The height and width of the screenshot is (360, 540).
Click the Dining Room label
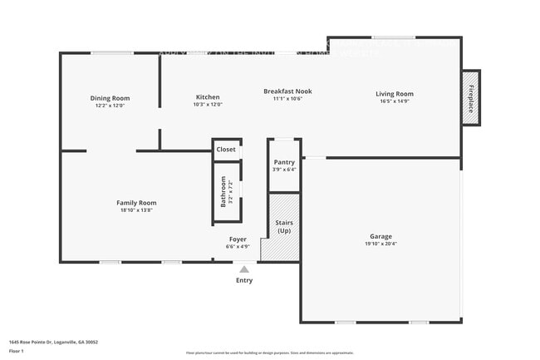pos(110,98)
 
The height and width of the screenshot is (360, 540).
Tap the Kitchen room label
pos(207,96)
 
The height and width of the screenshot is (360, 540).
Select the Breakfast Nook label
pos(287,91)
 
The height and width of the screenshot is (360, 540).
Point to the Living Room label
pos(395,94)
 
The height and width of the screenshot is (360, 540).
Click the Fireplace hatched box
pos(470,98)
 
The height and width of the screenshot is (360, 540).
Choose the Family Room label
pos(136,203)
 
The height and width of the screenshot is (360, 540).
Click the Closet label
pos(226,150)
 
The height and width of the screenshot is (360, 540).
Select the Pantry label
pos(284,162)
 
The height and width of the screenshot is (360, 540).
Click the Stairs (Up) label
pos(284,226)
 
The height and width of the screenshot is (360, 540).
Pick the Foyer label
pos(238,239)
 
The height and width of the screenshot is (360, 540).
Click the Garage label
pos(381,236)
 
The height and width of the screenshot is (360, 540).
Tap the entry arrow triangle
pos(243,269)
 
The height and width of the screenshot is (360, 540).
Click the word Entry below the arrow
pos(243,280)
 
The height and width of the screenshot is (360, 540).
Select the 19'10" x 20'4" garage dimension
pos(381,244)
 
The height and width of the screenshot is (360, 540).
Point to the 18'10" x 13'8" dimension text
pos(136,210)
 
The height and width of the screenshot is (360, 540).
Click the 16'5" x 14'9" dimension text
pos(395,101)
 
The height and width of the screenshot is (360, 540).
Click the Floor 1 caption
pos(16,350)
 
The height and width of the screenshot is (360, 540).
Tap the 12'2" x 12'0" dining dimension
pos(110,106)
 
